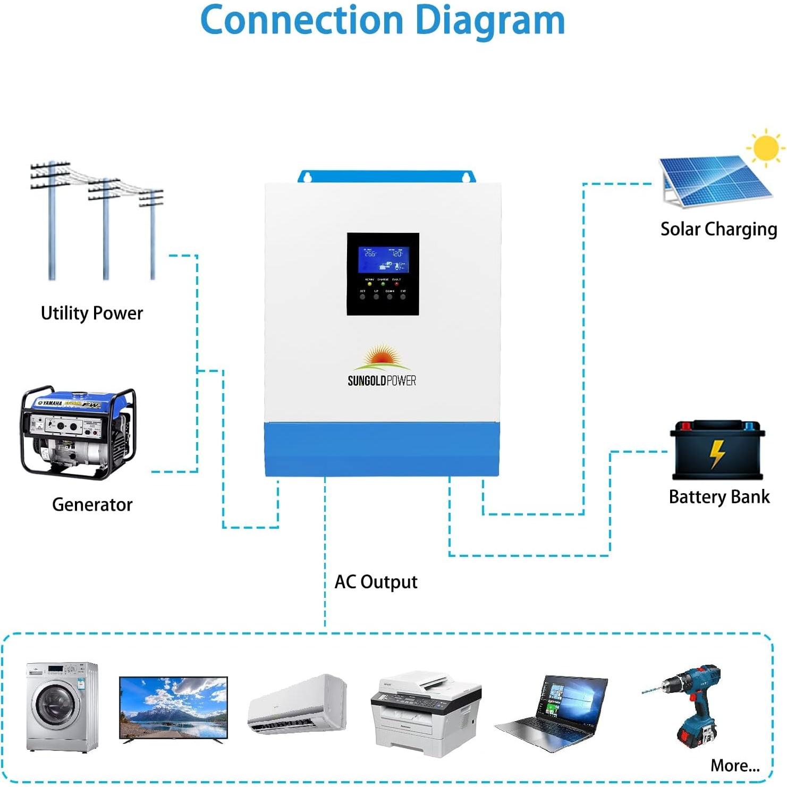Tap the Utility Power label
92,313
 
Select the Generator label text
92,504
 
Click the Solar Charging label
718,229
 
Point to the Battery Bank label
719,497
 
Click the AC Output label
376,582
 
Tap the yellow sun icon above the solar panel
765,148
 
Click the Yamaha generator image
79,433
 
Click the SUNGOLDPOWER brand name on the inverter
382,380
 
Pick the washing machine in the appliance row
62,707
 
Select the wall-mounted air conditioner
298,705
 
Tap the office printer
427,712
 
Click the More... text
735,766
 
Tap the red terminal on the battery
686,426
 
